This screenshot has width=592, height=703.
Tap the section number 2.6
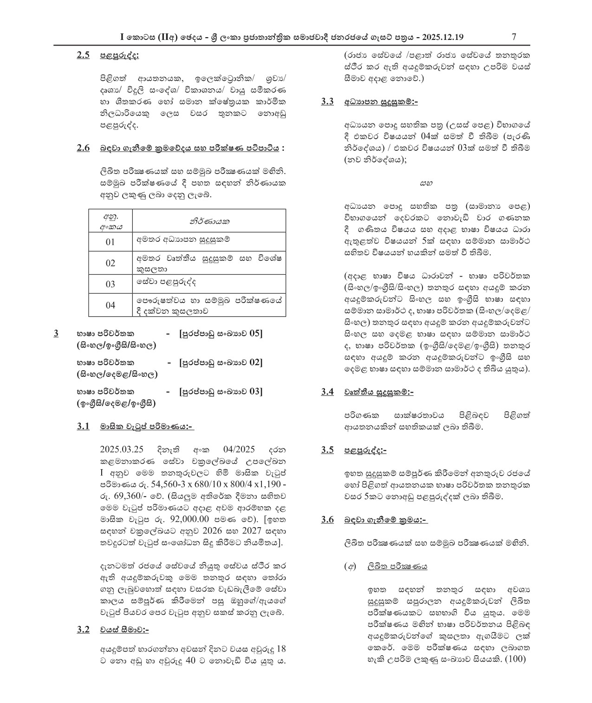click(x=83, y=148)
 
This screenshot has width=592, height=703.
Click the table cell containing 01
click(x=110, y=242)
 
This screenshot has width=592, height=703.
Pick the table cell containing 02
click(x=110, y=263)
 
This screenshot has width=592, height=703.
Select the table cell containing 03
click(x=110, y=284)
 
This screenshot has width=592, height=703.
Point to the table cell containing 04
click(x=110, y=305)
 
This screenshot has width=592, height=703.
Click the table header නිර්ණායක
click(x=209, y=221)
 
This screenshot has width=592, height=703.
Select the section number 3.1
click(x=83, y=426)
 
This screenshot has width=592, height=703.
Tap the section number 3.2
click(x=83, y=630)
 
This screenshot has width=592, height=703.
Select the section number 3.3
click(x=327, y=102)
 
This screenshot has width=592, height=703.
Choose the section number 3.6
click(x=327, y=520)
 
